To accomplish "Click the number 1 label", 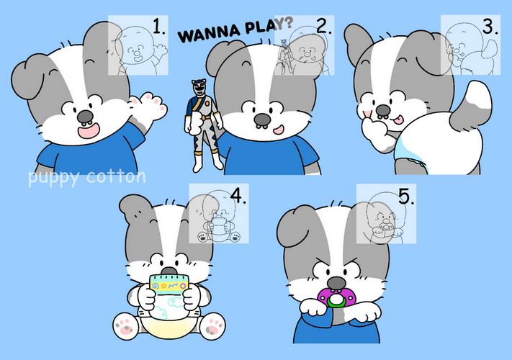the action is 159,26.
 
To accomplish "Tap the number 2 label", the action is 324,26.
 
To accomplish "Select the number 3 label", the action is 490,26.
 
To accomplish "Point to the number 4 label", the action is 238,196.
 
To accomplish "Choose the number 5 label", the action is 407,197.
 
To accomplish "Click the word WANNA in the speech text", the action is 209,33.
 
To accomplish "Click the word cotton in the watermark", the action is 116,177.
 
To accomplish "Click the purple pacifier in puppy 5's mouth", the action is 336,297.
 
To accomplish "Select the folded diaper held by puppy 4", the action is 169,296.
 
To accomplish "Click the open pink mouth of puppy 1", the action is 89,130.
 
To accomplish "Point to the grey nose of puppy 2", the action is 262,120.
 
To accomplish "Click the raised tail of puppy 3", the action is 472,105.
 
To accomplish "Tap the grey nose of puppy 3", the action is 383,111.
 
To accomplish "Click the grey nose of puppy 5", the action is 336,283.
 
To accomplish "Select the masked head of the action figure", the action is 199,87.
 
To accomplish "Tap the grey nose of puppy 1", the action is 85,117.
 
